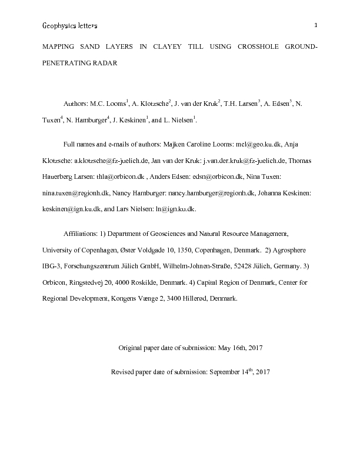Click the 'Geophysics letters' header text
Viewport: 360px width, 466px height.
(69, 26)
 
